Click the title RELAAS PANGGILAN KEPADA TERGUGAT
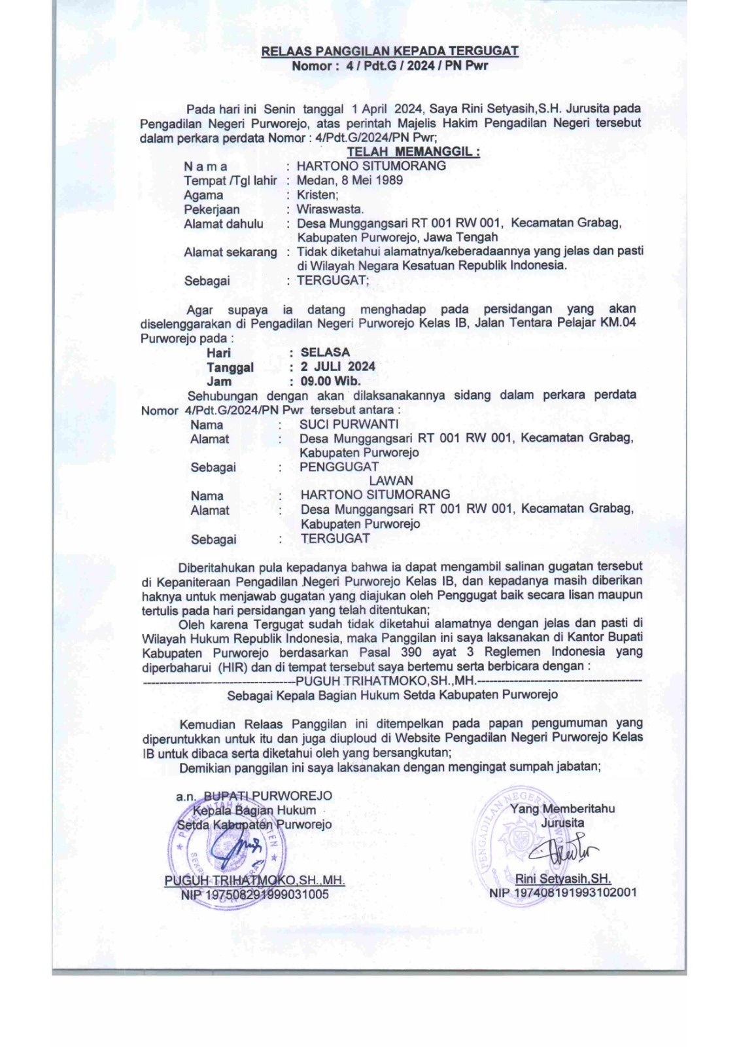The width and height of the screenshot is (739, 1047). point(390,51)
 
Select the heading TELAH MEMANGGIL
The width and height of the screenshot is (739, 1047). point(413,152)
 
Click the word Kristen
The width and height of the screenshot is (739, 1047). point(317,194)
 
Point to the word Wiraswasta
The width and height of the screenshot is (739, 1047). point(330,209)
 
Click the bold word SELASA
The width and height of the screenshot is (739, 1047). point(325,353)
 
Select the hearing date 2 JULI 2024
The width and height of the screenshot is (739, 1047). point(337,366)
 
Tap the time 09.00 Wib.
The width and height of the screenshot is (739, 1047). point(330,381)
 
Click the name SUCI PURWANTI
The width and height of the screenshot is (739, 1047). point(349,424)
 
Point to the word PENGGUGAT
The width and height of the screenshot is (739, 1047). point(339,467)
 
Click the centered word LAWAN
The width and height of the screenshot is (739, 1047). point(391,481)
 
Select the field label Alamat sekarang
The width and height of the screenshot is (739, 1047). point(230,252)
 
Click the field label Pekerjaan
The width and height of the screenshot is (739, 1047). point(211,209)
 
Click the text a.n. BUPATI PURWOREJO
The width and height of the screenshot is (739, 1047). point(254,796)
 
